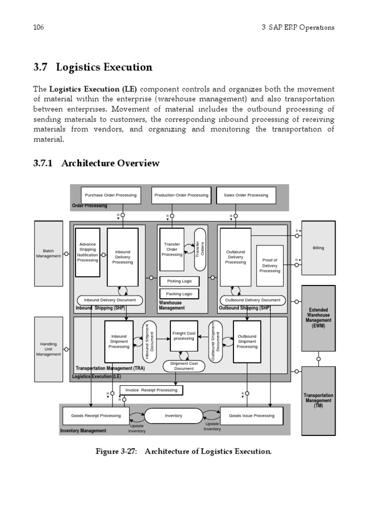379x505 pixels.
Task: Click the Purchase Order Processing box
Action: tap(110, 195)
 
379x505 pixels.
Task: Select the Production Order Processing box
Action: tap(181, 195)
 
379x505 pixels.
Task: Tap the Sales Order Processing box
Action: tap(246, 195)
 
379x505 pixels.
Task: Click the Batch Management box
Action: tap(48, 253)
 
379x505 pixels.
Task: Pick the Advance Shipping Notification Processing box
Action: tap(87, 252)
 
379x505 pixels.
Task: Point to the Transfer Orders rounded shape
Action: tap(199, 249)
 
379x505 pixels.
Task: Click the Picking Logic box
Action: tap(179, 281)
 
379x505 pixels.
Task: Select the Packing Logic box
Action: tap(179, 294)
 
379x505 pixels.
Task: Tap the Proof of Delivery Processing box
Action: tap(269, 265)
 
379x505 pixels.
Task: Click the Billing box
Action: tap(318, 248)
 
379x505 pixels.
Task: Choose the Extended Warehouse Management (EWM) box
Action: tap(318, 318)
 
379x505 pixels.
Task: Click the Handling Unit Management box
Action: tap(48, 349)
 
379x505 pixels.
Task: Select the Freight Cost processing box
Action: tap(184, 336)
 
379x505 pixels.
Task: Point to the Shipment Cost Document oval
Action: tap(184, 366)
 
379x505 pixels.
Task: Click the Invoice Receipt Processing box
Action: tap(151, 390)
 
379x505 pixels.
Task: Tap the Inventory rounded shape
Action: tap(173, 416)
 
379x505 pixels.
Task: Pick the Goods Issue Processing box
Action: tap(251, 416)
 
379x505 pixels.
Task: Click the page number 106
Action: tap(38, 27)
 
